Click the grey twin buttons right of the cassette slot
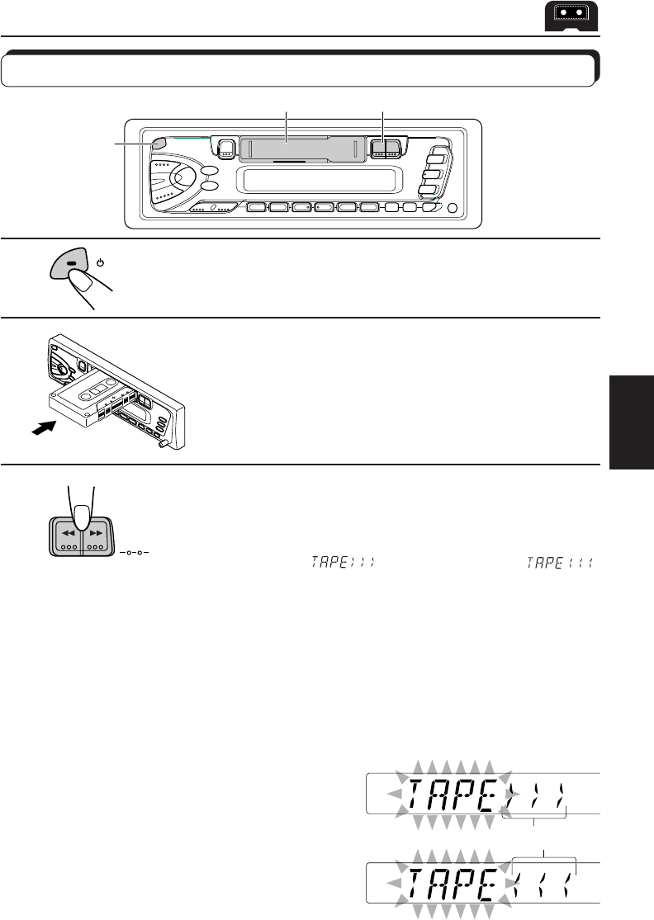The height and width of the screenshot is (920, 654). tap(384, 149)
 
